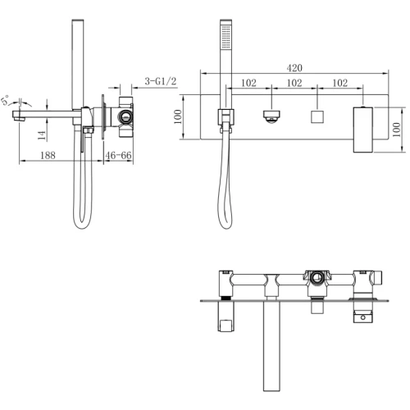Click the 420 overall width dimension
tap(294, 68)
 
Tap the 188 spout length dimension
tap(48, 155)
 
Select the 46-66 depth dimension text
tap(118, 155)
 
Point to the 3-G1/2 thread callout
tap(161, 81)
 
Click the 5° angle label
tap(6, 100)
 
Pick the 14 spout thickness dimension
tap(42, 135)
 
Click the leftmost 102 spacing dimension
tap(248, 83)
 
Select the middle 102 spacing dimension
tap(294, 83)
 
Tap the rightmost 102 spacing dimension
tap(340, 83)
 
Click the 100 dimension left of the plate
tap(178, 116)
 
